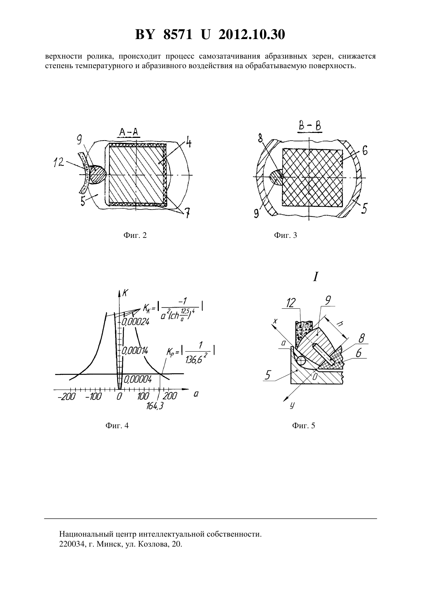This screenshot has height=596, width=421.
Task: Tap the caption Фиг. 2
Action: pos(135,235)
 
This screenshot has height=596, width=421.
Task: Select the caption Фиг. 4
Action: pos(117,426)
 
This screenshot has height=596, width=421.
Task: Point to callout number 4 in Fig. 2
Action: pos(188,142)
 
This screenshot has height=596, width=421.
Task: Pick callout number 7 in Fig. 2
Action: pos(188,213)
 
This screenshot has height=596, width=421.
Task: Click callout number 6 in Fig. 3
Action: pos(365,151)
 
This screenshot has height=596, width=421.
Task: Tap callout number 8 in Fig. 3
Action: pos(260,139)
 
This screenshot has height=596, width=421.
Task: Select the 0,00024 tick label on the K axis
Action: pos(136,322)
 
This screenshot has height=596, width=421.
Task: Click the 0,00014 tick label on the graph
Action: pos(135,351)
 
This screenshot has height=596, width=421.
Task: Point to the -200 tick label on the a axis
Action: pos(67,396)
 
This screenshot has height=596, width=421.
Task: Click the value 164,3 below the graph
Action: pos(154,406)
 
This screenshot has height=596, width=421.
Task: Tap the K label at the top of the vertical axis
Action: pos(125,293)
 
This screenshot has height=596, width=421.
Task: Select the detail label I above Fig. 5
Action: pos(315,277)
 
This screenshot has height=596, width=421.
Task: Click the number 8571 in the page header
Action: pos(178,34)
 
